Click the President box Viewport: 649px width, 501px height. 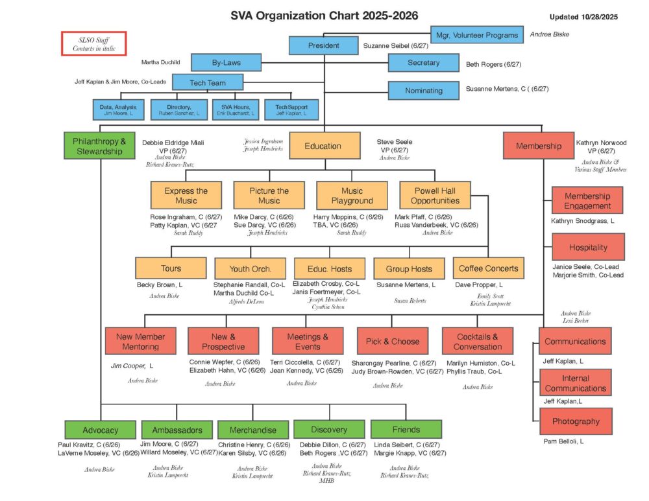[323, 46]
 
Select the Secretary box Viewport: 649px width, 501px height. [423, 63]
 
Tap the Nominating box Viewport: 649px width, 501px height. [423, 90]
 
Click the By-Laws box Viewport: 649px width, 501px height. [226, 63]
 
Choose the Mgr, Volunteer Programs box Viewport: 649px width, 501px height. [477, 34]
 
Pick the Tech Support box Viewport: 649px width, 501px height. [291, 110]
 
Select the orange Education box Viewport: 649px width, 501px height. [323, 146]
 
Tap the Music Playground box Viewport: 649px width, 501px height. [352, 196]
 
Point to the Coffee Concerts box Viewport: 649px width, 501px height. [488, 268]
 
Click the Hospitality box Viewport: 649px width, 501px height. [588, 247]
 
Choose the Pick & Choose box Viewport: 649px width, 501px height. [393, 342]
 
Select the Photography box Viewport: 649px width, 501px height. [576, 421]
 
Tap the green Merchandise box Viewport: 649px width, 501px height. [252, 430]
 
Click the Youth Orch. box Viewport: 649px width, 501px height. [250, 268]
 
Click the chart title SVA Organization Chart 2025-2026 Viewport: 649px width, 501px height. [324, 16]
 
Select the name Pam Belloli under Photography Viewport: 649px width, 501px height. [563, 441]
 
